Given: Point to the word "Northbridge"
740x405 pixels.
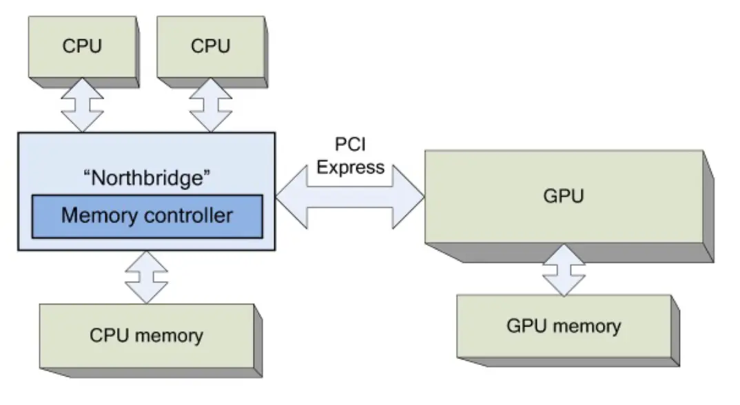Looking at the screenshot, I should click(146, 177).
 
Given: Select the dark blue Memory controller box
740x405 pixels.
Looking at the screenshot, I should click(147, 216).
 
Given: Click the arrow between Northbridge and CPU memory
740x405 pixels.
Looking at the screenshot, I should click(146, 276).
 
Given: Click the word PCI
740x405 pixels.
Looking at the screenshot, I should click(350, 146).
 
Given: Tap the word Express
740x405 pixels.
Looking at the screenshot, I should click(350, 167).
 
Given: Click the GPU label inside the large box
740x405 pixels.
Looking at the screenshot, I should click(564, 196).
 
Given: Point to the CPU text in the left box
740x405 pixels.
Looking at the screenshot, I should click(81, 48).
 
